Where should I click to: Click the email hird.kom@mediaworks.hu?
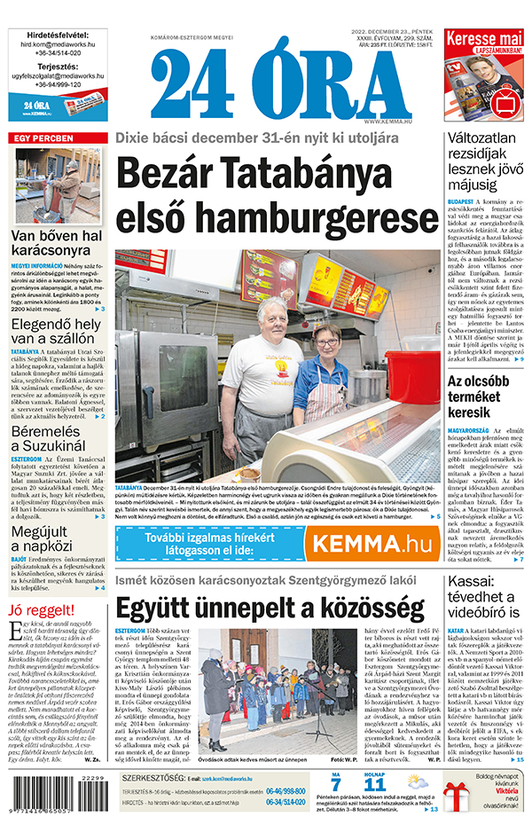point(57,43)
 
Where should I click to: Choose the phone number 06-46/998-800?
point(285,791)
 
